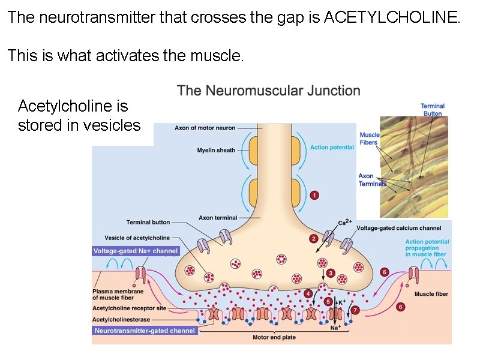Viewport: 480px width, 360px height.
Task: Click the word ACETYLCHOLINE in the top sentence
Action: pos(391,17)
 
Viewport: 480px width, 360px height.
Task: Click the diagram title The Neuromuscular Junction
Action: pos(269,91)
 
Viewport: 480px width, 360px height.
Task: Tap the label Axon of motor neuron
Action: pos(205,128)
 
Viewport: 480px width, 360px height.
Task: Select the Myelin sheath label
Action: pos(216,150)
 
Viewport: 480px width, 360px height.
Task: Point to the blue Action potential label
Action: pos(332,147)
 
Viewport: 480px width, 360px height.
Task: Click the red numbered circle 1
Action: pos(314,195)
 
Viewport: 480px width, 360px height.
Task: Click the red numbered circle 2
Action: pos(313,238)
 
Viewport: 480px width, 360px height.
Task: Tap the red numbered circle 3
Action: pos(331,273)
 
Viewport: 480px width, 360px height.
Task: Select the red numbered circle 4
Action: pos(308,293)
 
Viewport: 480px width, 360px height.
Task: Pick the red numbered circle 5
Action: pos(328,302)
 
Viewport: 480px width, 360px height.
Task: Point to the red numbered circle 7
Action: pos(355,310)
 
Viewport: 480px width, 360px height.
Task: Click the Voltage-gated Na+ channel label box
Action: pos(136,251)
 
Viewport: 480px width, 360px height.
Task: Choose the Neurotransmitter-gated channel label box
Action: pos(145,331)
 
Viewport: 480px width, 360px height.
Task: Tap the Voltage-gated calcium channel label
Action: pos(399,228)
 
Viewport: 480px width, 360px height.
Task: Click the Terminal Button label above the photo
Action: pos(432,110)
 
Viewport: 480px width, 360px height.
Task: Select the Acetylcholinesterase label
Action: pos(121,320)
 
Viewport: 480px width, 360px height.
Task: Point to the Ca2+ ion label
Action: pos(344,222)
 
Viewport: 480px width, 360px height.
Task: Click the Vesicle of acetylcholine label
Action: pos(137,238)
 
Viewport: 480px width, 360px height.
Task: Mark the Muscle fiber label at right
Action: pos(431,294)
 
